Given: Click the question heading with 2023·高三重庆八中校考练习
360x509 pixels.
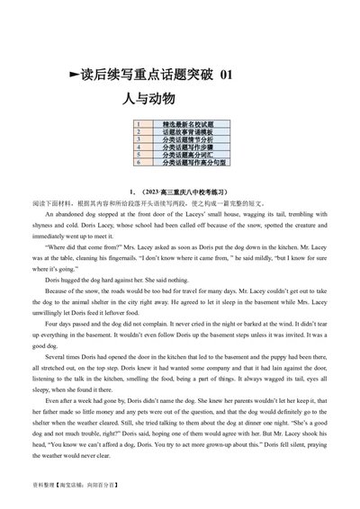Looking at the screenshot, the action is tap(179, 192).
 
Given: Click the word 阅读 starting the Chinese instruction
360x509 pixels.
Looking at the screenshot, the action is tap(36, 204).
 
